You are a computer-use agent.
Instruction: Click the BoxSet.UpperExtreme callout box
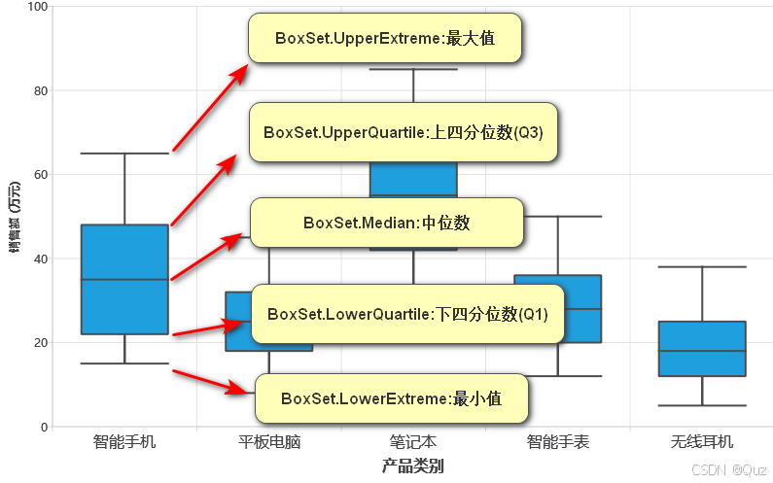click(x=385, y=39)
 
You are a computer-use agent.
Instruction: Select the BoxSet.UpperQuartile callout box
click(x=404, y=132)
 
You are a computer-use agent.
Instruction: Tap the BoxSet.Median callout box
click(x=386, y=223)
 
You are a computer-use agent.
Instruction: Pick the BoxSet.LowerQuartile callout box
click(x=407, y=314)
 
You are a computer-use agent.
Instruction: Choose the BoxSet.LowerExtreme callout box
click(x=391, y=398)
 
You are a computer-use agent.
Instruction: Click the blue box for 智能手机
click(x=124, y=279)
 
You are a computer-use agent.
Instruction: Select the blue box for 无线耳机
click(x=702, y=348)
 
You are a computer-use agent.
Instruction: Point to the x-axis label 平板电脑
click(x=269, y=442)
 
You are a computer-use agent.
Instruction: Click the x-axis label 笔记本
click(x=413, y=442)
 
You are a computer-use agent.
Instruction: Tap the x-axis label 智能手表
click(x=558, y=442)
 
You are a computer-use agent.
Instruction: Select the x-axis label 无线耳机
click(x=702, y=442)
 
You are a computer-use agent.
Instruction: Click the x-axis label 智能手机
click(x=124, y=442)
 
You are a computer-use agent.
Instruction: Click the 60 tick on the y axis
click(x=40, y=175)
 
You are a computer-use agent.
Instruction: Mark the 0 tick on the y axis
click(x=44, y=427)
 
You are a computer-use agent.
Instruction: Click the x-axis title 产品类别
click(x=413, y=466)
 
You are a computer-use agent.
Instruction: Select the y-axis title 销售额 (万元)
click(x=15, y=217)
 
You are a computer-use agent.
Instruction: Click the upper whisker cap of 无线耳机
click(x=702, y=266)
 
